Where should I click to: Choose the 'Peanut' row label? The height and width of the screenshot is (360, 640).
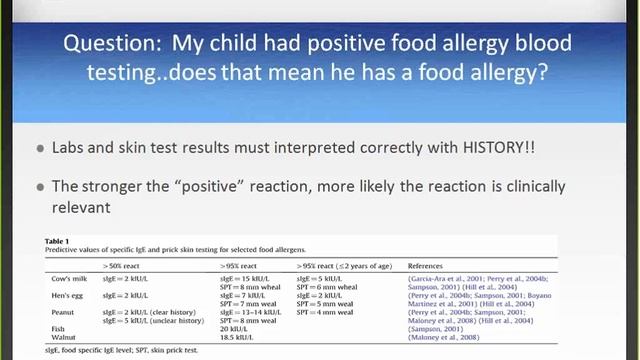(x=63, y=312)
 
